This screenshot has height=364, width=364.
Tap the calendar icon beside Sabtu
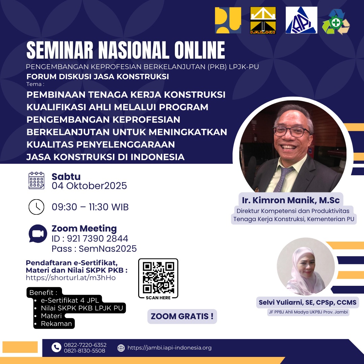coord(36,181)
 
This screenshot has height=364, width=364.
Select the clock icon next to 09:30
coord(36,207)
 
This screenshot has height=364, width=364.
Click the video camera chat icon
coord(38,234)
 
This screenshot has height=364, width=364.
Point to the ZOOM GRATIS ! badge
coord(182,316)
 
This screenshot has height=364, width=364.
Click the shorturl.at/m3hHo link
coord(71,278)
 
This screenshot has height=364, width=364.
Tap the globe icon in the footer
coord(121,348)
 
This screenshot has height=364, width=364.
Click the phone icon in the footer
coord(56,347)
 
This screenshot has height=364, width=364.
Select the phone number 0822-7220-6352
coord(85,345)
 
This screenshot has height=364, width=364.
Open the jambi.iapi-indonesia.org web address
coord(170,348)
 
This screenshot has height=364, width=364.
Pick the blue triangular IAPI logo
coord(301,20)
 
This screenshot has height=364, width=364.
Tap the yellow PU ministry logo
coord(228,20)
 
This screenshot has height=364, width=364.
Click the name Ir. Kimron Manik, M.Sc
coord(291,200)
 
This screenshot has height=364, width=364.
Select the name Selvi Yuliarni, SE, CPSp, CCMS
coord(308,302)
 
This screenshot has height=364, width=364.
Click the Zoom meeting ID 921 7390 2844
coord(97,238)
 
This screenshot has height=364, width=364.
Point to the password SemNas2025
coord(108,249)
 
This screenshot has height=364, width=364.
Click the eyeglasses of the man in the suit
coord(291,131)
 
